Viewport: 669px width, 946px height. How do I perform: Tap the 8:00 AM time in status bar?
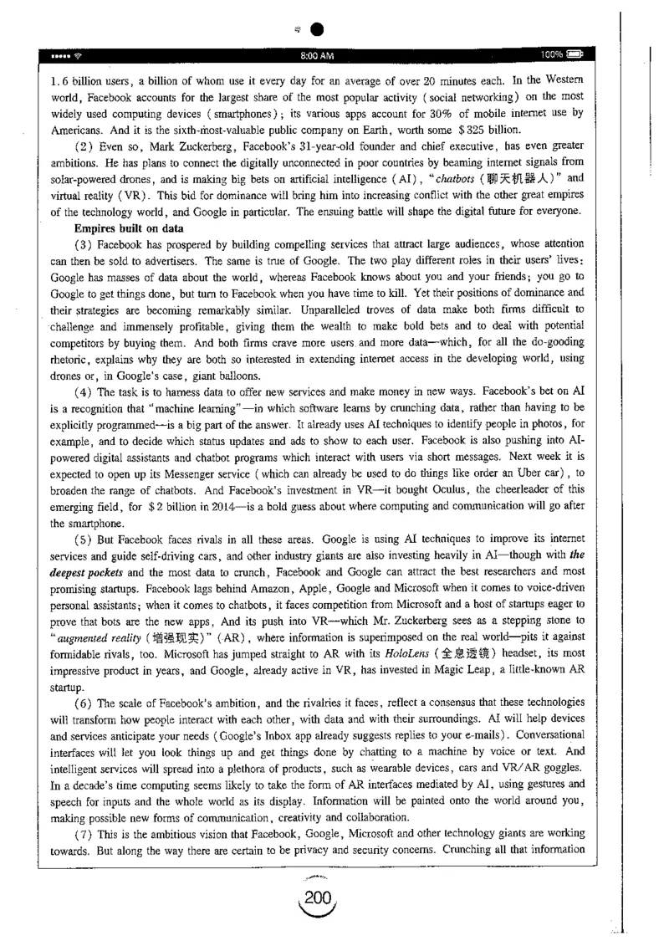pos(319,56)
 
